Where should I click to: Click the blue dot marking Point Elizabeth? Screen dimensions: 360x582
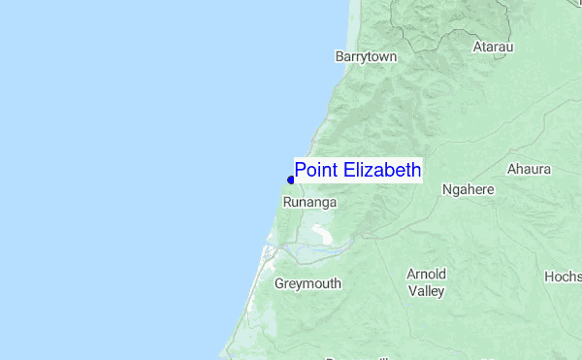(x=291, y=180)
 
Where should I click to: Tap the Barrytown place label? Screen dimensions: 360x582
(x=366, y=57)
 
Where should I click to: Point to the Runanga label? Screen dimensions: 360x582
(x=309, y=203)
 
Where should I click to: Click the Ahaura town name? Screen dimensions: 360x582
(x=529, y=169)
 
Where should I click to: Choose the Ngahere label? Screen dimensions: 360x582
(x=468, y=190)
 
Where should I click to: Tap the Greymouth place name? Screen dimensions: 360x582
(x=307, y=284)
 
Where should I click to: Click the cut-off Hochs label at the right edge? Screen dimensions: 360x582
(x=563, y=277)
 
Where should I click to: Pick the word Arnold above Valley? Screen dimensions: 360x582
(x=427, y=274)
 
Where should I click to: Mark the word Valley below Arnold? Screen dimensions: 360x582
(x=426, y=290)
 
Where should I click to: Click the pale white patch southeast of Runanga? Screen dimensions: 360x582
(x=320, y=234)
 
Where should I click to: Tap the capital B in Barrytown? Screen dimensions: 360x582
(x=339, y=57)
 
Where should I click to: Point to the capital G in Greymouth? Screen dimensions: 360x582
(x=279, y=284)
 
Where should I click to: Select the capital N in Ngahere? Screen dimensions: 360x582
(x=446, y=190)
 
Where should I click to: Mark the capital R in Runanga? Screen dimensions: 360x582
(x=287, y=203)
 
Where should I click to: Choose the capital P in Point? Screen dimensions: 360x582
(x=301, y=171)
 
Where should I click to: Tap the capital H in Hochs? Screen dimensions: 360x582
(x=549, y=277)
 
